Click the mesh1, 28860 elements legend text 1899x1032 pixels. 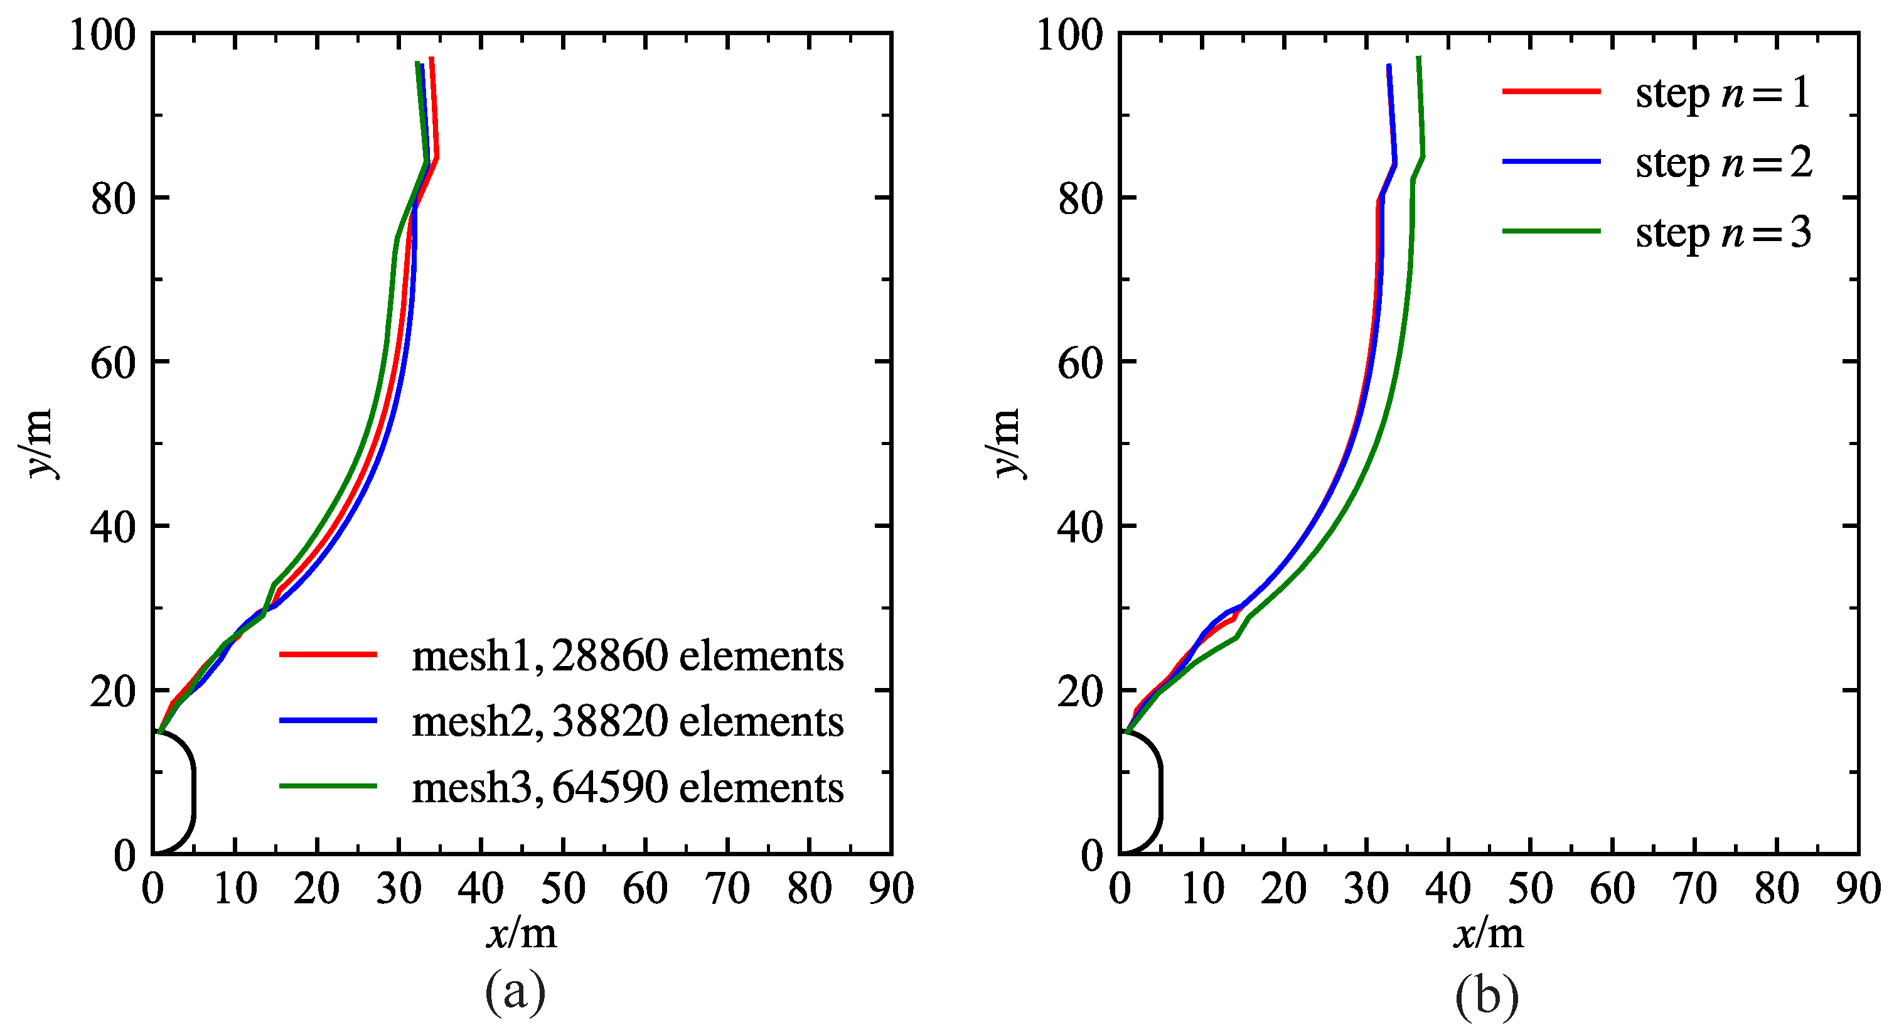coord(628,655)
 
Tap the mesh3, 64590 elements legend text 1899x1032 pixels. coord(628,787)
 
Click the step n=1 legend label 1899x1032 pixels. coord(1723,94)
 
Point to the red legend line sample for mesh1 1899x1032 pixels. coord(328,654)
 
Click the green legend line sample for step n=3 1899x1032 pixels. coord(1552,231)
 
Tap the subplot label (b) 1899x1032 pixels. coord(1487,996)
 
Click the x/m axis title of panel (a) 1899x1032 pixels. coord(522,934)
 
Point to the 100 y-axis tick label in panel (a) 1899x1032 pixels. coord(103,35)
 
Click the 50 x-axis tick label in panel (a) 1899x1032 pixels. coord(563,888)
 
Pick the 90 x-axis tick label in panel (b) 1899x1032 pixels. coord(1858,888)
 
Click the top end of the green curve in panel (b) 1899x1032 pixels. coord(1418,58)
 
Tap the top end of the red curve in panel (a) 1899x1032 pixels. coord(431,59)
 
